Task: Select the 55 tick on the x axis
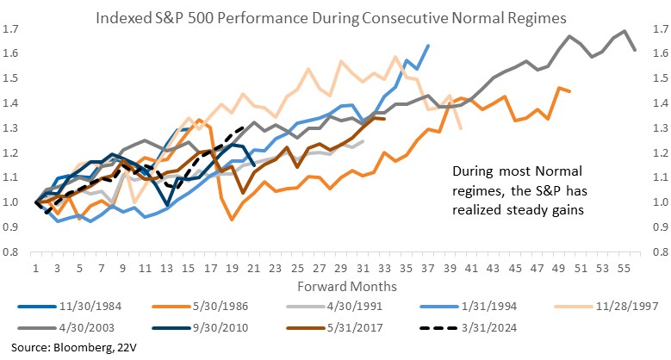[x=624, y=268]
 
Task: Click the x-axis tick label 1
[x=36, y=268]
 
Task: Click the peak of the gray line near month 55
[x=624, y=32]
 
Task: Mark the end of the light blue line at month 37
[x=429, y=46]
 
